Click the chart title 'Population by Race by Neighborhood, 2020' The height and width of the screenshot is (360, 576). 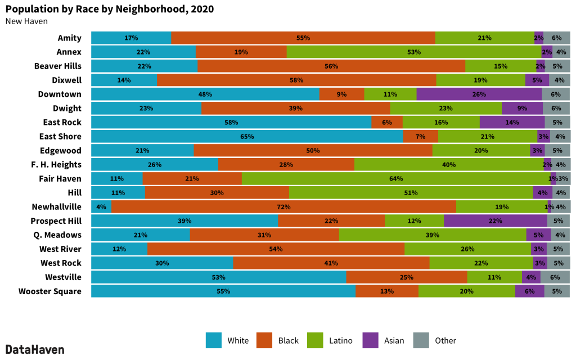110,10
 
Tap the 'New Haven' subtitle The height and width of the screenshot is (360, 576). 26,21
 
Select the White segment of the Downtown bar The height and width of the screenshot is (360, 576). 205,94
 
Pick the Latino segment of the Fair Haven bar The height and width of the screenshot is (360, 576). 396,179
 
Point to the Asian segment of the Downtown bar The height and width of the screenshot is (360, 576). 479,94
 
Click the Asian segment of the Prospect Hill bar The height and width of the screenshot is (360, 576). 495,221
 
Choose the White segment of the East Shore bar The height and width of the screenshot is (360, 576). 247,137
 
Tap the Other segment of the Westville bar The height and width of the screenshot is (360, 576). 555,277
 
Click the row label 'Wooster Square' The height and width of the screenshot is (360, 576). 49,291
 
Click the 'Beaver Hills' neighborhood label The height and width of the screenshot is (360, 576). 57,66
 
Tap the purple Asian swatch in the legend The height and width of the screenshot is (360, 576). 370,340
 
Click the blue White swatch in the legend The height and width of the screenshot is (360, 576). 214,340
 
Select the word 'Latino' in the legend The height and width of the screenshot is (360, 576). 340,340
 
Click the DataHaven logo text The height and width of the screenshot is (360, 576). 35,349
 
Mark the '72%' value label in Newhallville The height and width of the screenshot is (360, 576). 283,207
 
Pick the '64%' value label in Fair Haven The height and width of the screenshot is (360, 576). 396,179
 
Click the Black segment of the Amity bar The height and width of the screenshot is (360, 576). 303,38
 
